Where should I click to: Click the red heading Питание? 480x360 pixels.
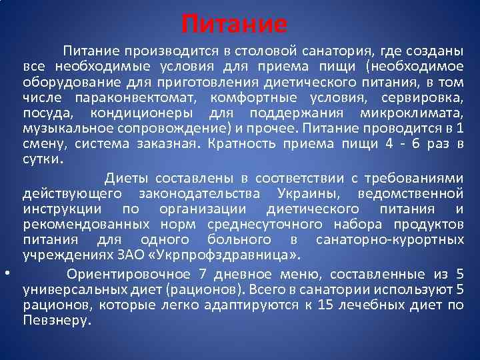[235, 25]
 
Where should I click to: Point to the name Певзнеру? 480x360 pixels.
[55, 321]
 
